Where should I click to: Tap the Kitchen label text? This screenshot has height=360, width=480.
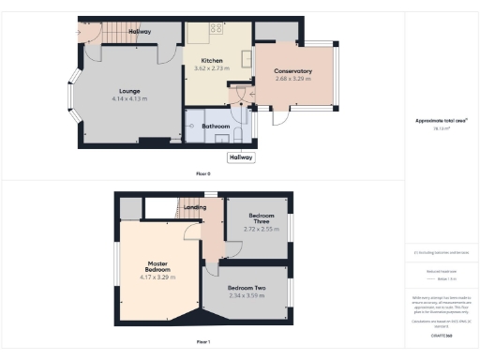click(x=213, y=61)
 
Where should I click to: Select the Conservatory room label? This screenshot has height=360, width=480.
click(x=292, y=71)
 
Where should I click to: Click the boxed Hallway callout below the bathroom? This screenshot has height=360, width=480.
click(x=241, y=157)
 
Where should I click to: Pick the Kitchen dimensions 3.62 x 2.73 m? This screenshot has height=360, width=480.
click(x=213, y=68)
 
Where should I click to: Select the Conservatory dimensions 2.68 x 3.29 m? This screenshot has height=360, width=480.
click(x=292, y=79)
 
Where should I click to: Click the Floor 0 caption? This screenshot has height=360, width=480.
click(x=202, y=174)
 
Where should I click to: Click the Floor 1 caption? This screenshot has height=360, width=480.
click(x=202, y=341)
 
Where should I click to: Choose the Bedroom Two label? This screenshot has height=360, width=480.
click(x=247, y=288)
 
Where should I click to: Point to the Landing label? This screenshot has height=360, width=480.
click(x=195, y=206)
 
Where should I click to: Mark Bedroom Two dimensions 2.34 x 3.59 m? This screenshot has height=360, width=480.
click(x=247, y=295)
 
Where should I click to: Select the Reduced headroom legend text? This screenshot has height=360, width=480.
click(x=441, y=270)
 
